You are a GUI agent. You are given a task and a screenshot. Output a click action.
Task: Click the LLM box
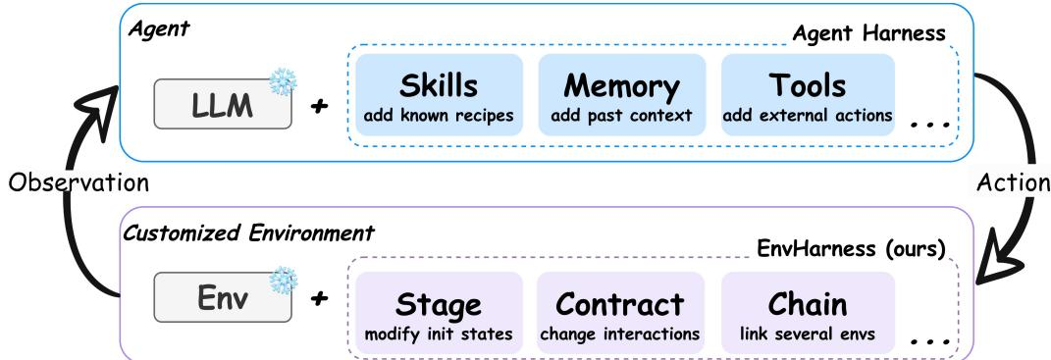223,104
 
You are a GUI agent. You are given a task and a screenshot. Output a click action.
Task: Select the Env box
223,297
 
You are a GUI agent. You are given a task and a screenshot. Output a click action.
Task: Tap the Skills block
439,94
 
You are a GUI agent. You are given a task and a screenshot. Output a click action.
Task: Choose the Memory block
622,94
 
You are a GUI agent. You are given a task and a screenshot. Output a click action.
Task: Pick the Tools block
808,94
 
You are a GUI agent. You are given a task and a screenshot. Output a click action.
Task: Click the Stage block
439,313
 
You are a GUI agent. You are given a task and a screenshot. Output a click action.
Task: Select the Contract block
620,313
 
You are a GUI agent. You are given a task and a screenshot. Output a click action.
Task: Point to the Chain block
808,313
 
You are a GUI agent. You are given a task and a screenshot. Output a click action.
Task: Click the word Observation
79,183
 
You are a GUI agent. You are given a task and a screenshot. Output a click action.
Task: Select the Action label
1013,182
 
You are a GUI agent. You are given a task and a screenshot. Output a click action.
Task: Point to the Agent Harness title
868,32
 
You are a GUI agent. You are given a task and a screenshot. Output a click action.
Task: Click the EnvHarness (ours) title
851,249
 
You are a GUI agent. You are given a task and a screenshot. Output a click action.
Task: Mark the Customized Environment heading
248,233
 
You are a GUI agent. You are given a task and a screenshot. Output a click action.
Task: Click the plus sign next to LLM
320,105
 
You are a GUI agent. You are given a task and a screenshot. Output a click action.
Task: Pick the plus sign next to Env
320,297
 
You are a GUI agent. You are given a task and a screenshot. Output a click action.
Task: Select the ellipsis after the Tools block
930,125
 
